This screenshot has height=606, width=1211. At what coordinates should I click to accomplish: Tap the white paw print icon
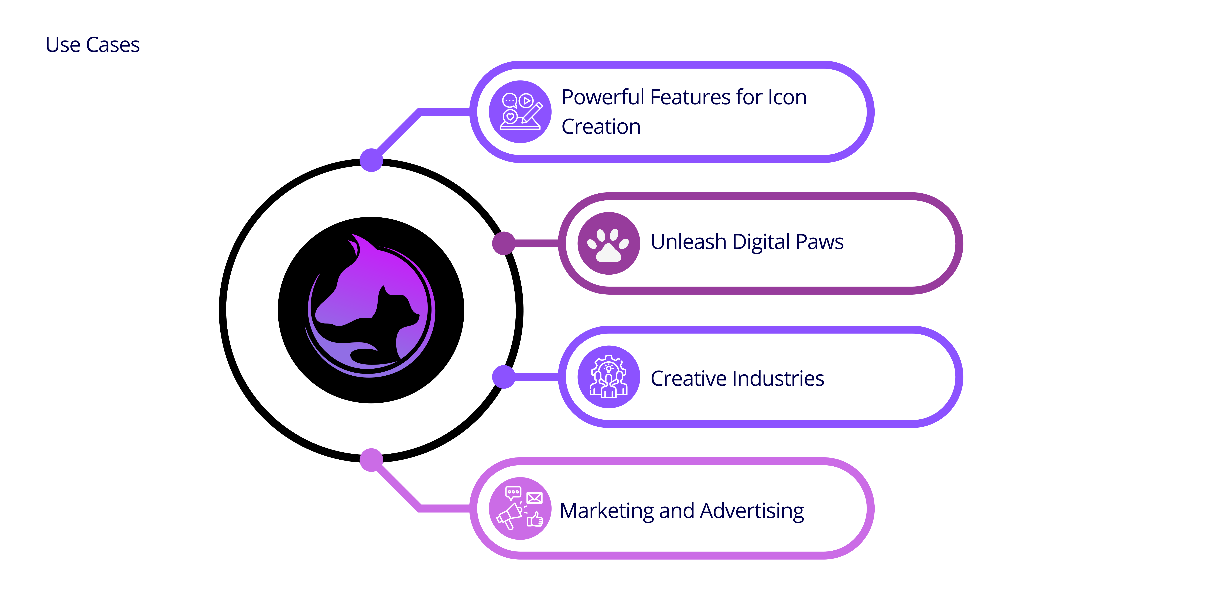(609, 244)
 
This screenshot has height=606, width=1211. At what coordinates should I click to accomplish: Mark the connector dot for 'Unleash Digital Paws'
(504, 243)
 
